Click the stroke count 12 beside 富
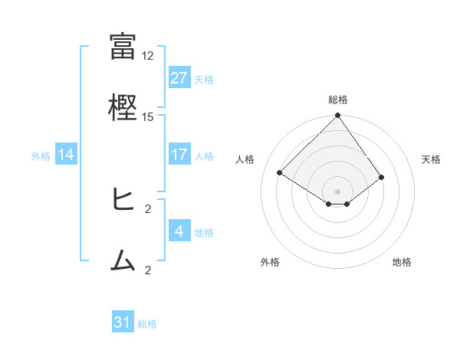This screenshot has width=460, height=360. [148, 56]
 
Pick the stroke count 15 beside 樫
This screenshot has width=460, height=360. [148, 117]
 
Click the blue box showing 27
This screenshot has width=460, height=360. [179, 78]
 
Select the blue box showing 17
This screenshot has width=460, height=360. [179, 155]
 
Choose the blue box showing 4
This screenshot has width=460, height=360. [179, 231]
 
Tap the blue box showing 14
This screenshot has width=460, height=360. [66, 155]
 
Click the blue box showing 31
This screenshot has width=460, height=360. [123, 322]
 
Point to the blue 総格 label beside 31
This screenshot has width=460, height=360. [147, 324]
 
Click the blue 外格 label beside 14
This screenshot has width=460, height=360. [41, 156]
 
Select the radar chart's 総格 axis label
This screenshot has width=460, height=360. [338, 100]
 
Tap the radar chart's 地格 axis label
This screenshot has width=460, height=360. [402, 263]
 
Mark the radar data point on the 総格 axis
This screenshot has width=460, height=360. [338, 116]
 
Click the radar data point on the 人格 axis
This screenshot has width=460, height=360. [280, 172]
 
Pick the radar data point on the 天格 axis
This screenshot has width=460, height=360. [381, 177]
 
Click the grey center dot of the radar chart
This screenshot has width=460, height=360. [338, 191]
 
